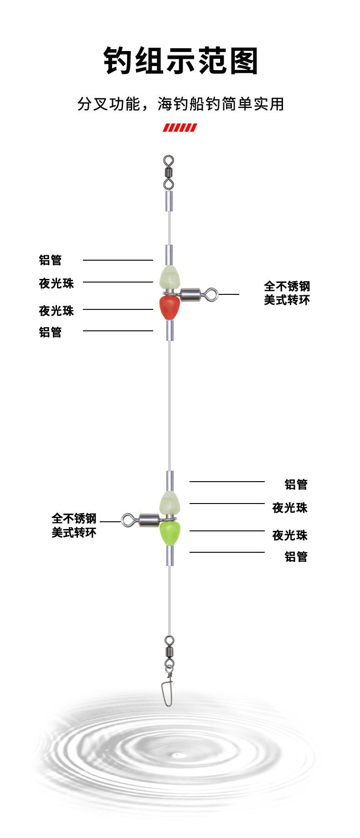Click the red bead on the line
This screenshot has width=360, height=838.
click(169, 308)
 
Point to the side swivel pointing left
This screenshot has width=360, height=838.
click(141, 519)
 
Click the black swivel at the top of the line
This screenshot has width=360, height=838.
click(169, 173)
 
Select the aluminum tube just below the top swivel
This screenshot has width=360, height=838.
click(169, 201)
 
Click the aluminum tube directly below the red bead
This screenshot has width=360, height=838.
click(169, 330)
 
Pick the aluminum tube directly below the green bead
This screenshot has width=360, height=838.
click(170, 555)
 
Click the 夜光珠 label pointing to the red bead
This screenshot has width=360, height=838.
click(56, 311)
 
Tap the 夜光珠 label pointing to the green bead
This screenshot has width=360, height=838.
click(290, 535)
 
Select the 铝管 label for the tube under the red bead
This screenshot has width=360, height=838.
click(50, 332)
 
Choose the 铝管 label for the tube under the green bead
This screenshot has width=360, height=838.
click(296, 556)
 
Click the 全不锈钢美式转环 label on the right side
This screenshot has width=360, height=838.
click(287, 293)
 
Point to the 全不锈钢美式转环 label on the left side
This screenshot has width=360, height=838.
click(74, 525)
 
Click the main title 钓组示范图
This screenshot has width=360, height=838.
click(180, 61)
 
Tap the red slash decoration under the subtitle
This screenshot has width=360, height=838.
click(180, 128)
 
